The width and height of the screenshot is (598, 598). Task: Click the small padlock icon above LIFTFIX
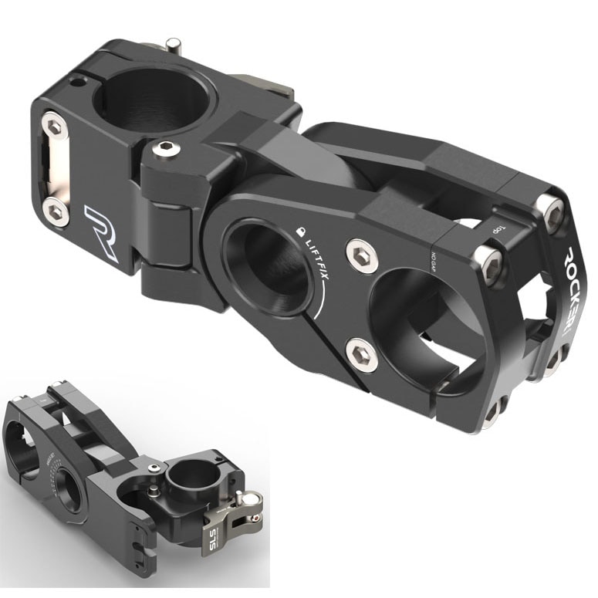click(300, 230)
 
